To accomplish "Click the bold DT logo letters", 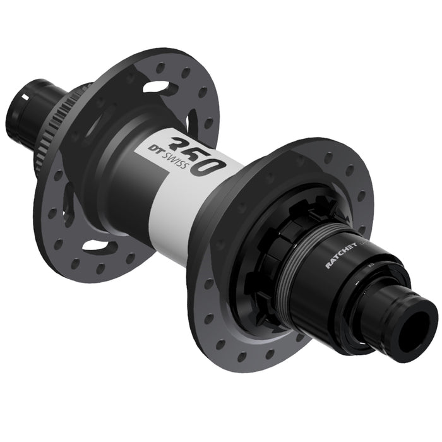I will (x=154, y=148).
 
